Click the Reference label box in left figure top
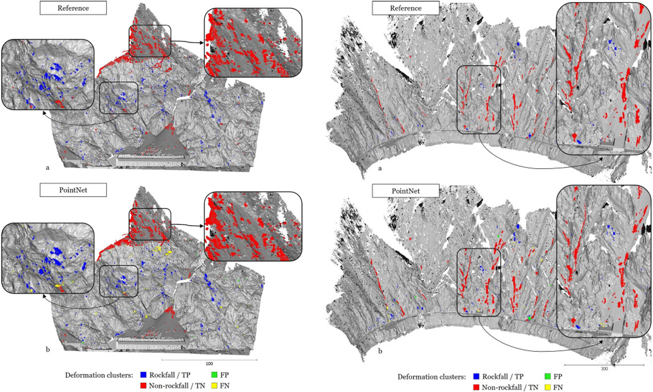73,8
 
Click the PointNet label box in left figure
73,190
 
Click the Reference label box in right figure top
406,8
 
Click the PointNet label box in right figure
406,191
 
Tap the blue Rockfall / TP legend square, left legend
143,375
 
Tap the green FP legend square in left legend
214,375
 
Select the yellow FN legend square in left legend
214,386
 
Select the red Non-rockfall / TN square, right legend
476,387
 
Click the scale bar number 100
209,364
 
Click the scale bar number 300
604,368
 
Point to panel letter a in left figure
47,167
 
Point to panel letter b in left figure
47,349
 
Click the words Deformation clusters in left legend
99,375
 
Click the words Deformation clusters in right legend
432,377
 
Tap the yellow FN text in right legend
558,387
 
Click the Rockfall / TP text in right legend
503,376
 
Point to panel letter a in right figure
380,168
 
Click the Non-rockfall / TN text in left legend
177,386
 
